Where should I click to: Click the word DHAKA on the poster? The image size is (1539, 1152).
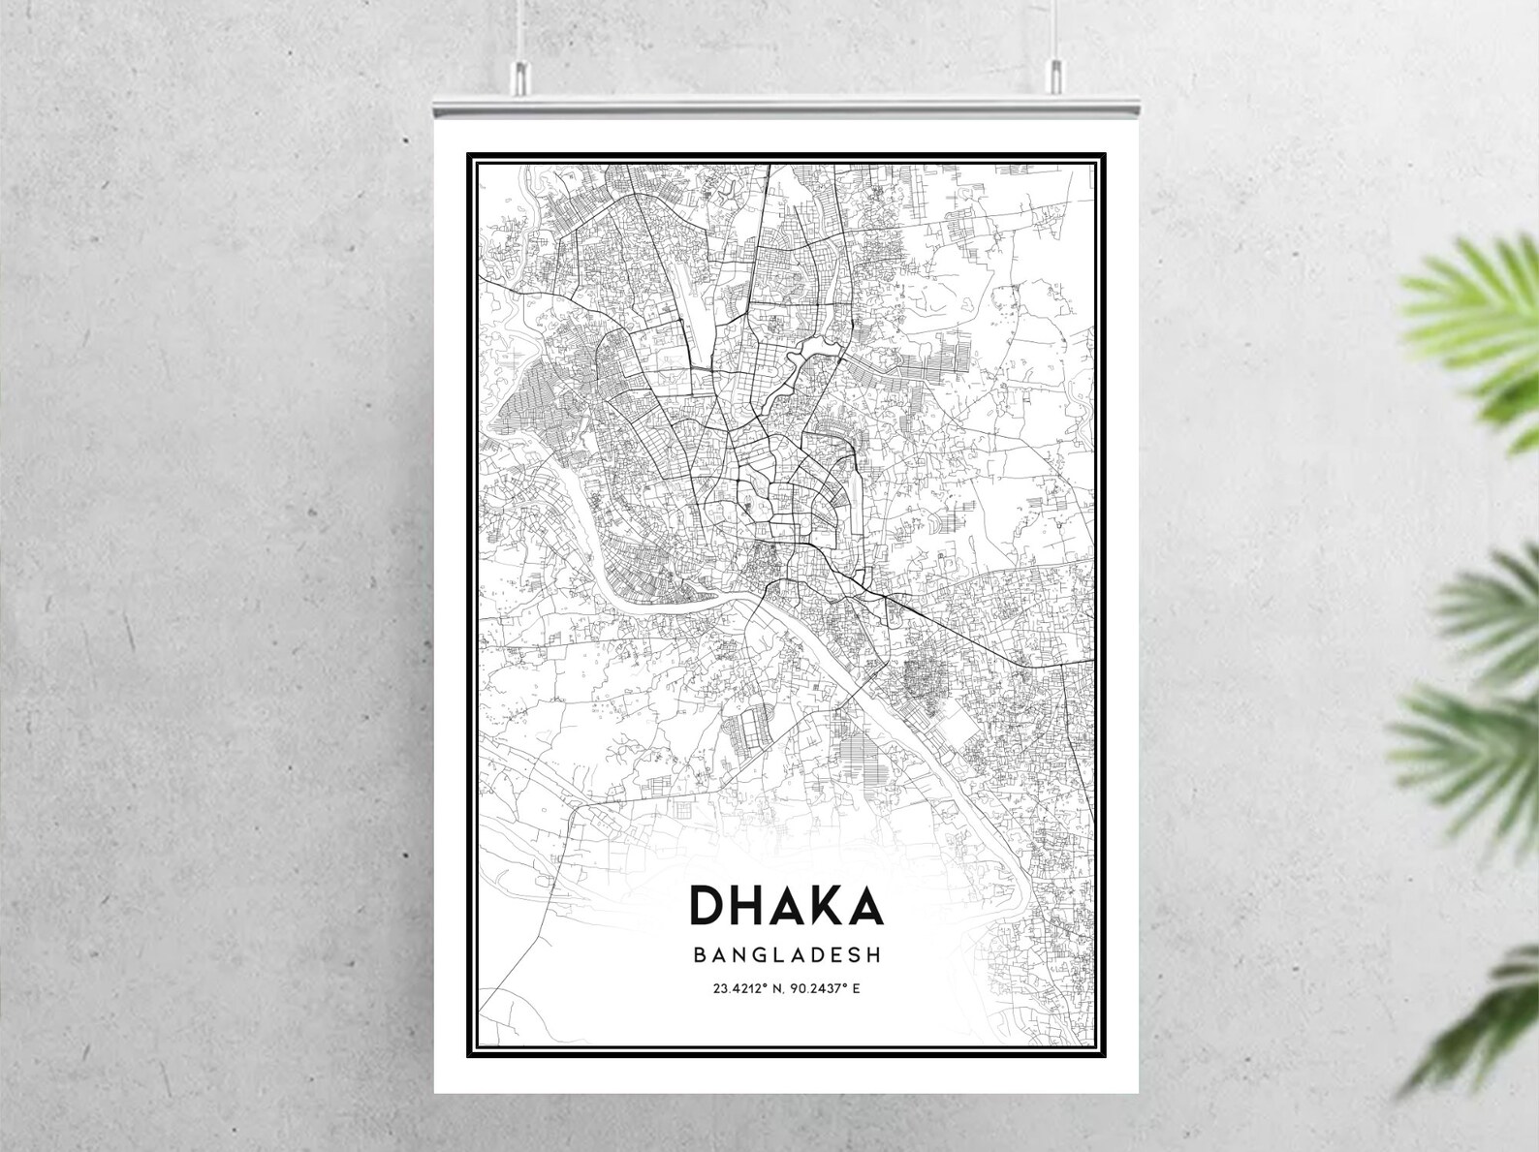[785, 904]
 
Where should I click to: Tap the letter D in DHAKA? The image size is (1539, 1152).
[705, 904]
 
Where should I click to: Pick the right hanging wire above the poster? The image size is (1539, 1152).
[1054, 29]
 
